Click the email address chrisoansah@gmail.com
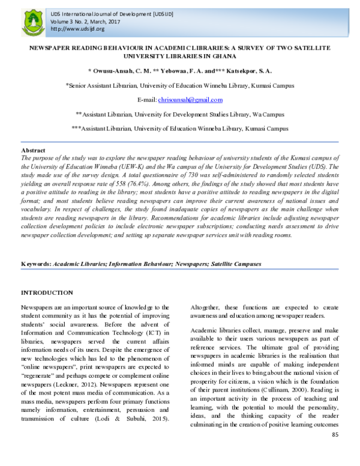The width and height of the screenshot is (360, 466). [190, 100]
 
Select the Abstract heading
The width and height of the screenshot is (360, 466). [33, 150]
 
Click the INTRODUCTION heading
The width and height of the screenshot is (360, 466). [47, 292]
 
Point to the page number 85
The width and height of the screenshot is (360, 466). [335, 451]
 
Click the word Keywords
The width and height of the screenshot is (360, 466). [35, 264]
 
